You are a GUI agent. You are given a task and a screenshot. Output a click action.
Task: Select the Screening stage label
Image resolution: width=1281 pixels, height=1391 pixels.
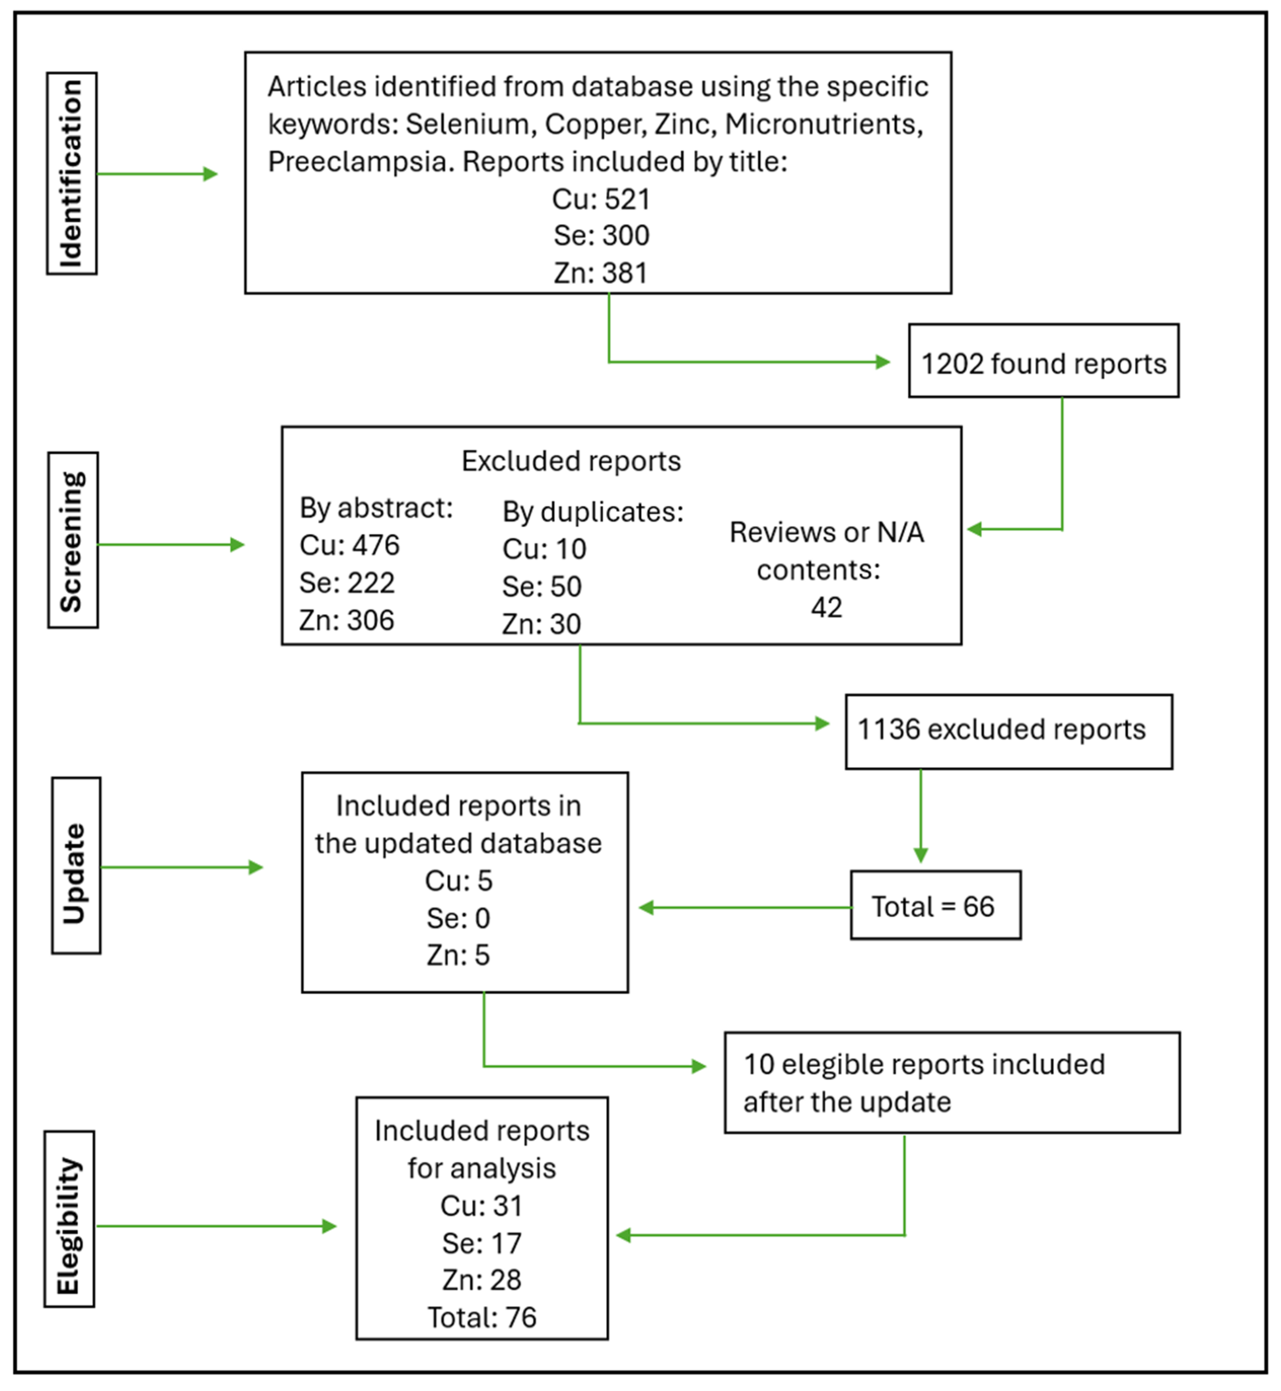coord(73,540)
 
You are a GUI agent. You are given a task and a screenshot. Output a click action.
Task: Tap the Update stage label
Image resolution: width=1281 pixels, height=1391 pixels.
coord(75,865)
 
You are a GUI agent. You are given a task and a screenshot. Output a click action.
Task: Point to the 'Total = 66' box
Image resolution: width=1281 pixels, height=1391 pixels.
coord(935,906)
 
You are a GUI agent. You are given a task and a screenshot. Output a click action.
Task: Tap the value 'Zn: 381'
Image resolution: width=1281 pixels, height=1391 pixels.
coord(600,272)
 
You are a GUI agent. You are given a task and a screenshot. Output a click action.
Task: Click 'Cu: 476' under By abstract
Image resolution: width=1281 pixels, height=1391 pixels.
coord(349,545)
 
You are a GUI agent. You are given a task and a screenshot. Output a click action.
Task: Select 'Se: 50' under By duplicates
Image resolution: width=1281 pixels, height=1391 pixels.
coord(541,587)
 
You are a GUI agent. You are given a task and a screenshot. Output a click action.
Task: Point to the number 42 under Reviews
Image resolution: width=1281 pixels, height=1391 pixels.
coord(826,607)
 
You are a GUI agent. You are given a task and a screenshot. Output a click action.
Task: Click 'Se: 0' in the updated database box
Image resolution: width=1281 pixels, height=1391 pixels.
coord(458,918)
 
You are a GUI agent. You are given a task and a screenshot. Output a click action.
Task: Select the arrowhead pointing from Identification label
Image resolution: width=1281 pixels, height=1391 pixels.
coord(211,174)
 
